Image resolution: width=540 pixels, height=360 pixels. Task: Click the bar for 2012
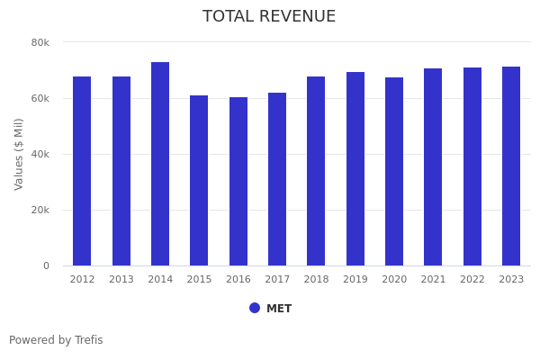click(x=82, y=171)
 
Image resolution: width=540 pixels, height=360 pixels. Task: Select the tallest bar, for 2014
click(x=160, y=164)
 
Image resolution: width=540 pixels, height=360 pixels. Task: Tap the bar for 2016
click(x=238, y=181)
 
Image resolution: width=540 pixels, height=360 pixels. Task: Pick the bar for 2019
click(x=355, y=169)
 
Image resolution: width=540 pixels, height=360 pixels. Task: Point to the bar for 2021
click(x=433, y=167)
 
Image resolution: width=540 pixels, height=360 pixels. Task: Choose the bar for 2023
click(x=511, y=166)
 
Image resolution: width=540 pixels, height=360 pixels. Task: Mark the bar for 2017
click(x=277, y=179)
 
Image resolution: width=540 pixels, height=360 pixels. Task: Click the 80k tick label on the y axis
click(x=40, y=42)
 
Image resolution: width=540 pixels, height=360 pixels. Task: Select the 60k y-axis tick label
click(x=40, y=98)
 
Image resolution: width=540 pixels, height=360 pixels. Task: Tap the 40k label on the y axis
click(x=40, y=154)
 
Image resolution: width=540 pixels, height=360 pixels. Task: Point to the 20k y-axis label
click(x=40, y=210)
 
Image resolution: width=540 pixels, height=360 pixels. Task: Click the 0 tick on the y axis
click(x=45, y=265)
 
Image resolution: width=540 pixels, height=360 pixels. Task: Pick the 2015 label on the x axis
click(x=199, y=280)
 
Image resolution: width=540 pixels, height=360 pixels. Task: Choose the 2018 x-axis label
click(x=316, y=280)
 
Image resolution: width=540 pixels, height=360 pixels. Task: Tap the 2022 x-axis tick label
click(x=472, y=280)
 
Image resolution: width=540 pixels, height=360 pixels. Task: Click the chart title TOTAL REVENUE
click(x=269, y=17)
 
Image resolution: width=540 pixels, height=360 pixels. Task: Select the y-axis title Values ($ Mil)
click(x=19, y=154)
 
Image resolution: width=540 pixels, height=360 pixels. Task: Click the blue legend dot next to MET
click(x=255, y=308)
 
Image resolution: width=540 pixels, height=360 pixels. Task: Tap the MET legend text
click(x=279, y=309)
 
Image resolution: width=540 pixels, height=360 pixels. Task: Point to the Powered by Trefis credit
click(x=56, y=340)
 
